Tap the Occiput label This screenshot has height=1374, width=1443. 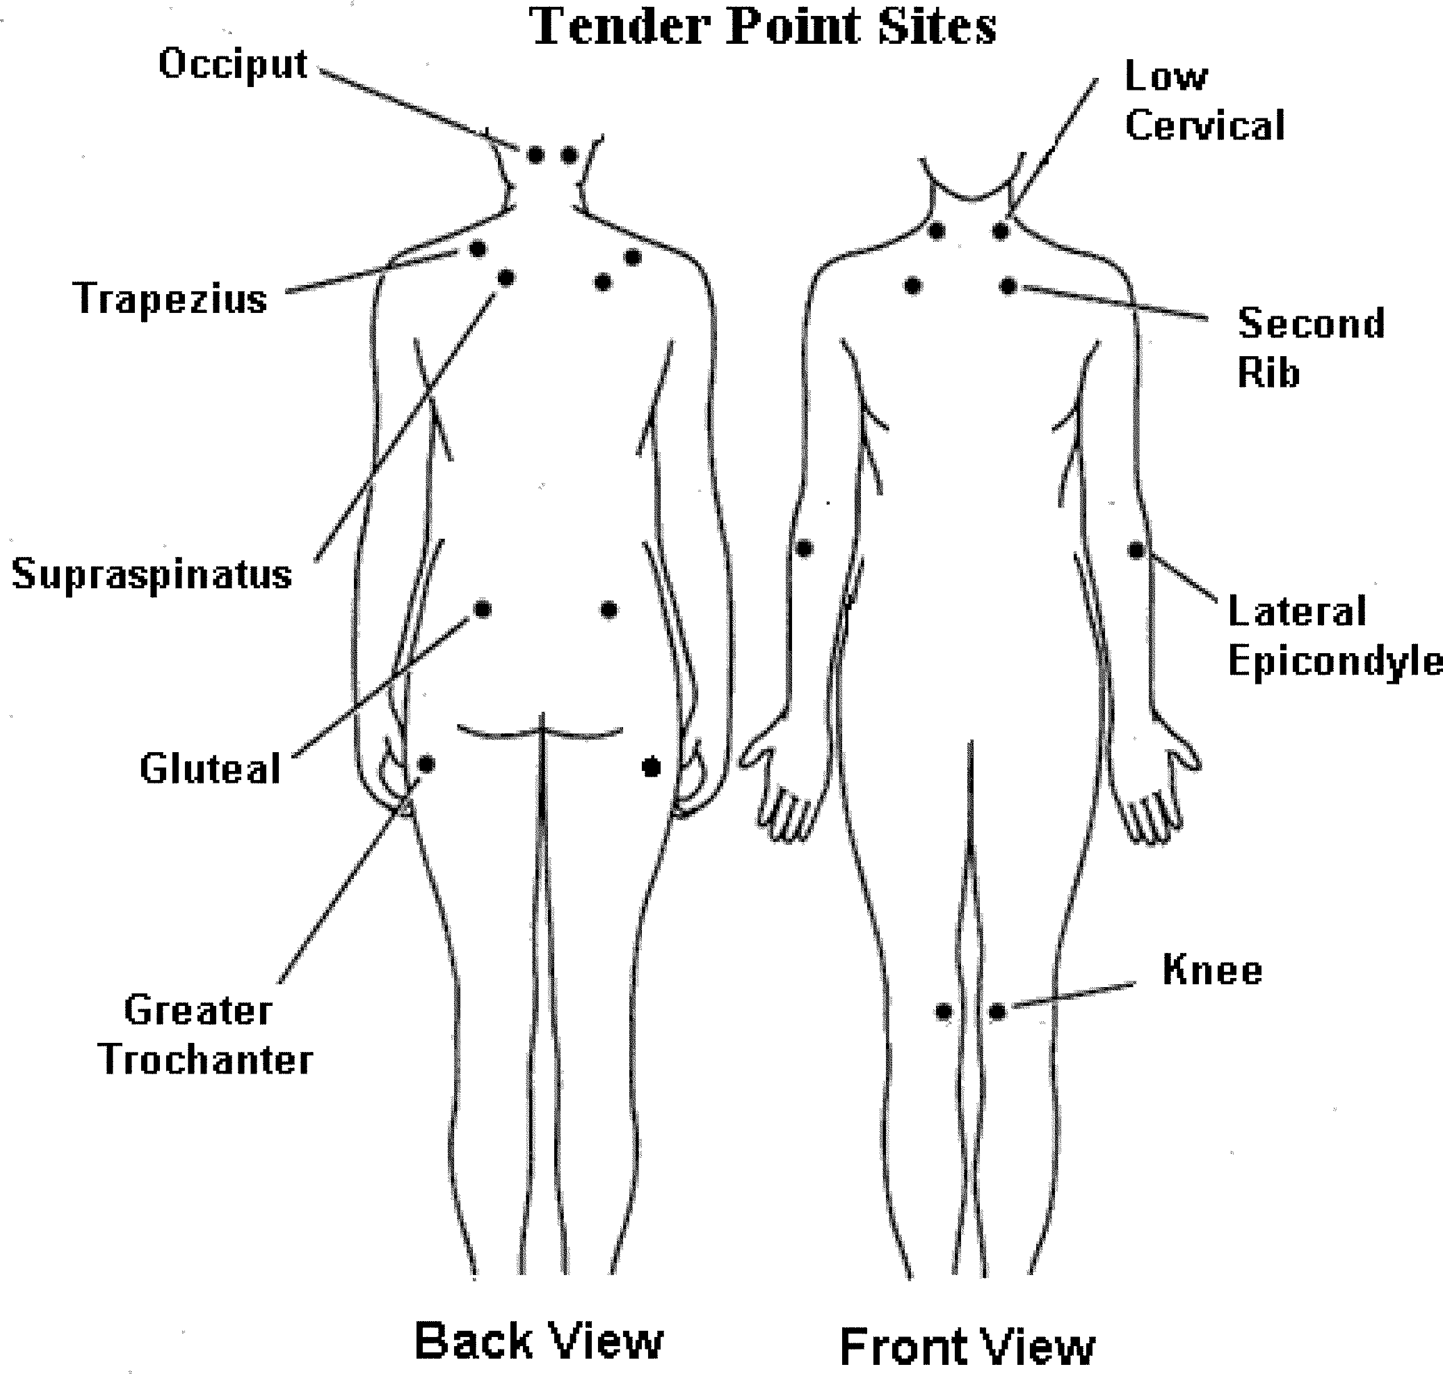click(x=233, y=64)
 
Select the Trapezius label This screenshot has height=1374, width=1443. click(x=170, y=299)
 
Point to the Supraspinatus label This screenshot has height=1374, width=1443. click(x=151, y=573)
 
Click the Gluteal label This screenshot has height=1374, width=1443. click(x=210, y=769)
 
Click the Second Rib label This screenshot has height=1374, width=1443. click(x=1310, y=348)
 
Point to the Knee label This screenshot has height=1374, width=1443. click(x=1212, y=971)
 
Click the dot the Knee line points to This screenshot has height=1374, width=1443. click(x=997, y=1012)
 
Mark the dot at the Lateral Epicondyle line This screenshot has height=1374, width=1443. click(x=1136, y=549)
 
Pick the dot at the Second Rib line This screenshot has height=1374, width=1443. click(x=1008, y=286)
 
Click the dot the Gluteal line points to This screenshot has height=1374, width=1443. click(x=483, y=609)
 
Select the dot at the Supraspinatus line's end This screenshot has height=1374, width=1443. click(x=506, y=278)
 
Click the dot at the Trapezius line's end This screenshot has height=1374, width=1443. click(x=477, y=249)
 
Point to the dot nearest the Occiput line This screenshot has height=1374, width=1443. click(x=535, y=155)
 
